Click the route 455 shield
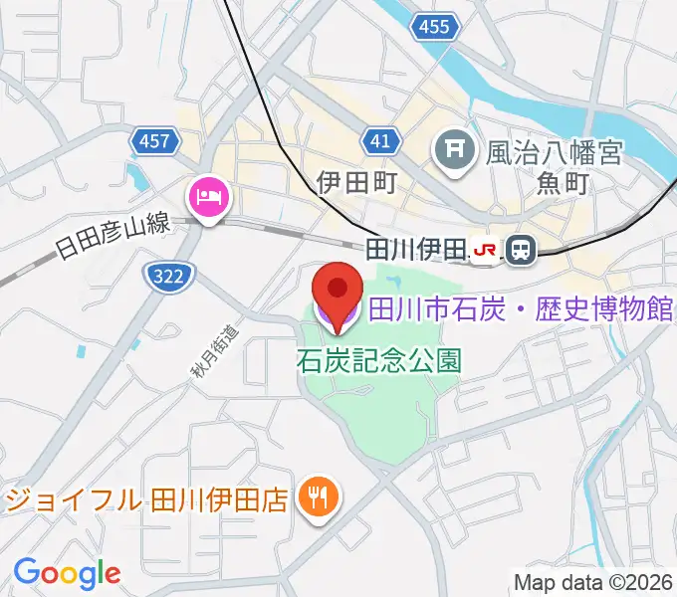click(435, 28)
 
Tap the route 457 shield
click(154, 141)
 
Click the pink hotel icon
click(209, 196)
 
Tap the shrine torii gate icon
click(455, 151)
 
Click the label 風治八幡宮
click(554, 152)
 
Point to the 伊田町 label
click(357, 182)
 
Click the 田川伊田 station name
click(416, 249)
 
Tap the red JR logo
click(486, 251)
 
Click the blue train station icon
click(519, 251)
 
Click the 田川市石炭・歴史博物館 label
click(522, 310)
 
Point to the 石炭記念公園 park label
click(378, 360)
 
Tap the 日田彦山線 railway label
click(113, 237)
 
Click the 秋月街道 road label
click(204, 354)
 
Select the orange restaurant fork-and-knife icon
click(319, 495)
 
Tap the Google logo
click(67, 573)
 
